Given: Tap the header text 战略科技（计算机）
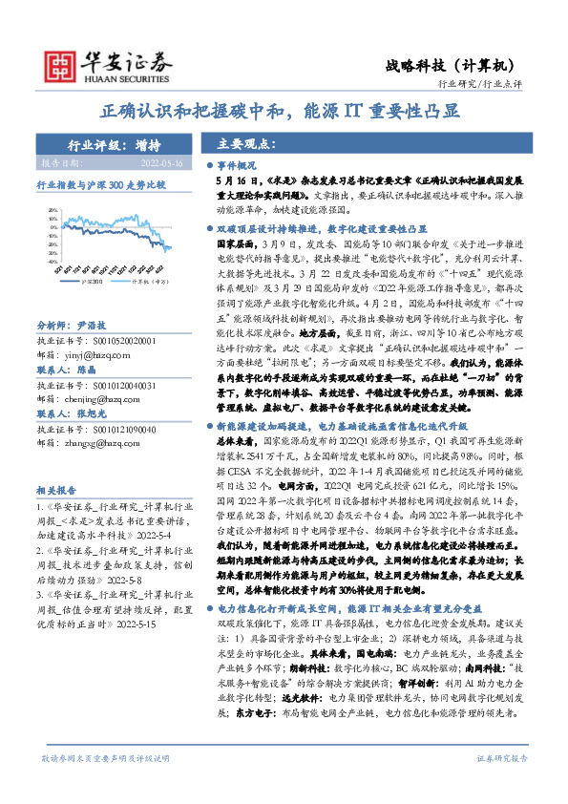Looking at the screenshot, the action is click(x=452, y=63).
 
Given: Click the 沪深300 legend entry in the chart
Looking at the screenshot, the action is click(x=92, y=282).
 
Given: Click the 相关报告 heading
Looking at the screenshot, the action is click(x=60, y=486).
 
